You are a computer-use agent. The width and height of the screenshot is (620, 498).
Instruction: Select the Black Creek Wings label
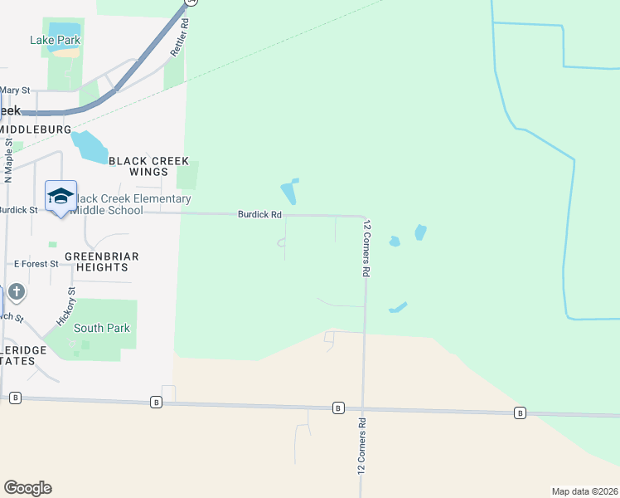(x=149, y=166)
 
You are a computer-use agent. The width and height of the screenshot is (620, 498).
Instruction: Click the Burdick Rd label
(x=259, y=214)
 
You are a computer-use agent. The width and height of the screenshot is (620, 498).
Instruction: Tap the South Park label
(x=101, y=328)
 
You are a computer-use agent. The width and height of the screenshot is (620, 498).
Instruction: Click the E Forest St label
(x=36, y=263)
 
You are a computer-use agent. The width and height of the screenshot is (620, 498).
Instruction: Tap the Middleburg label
(x=36, y=129)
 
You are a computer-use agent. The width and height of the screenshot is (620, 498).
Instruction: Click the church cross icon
(x=16, y=292)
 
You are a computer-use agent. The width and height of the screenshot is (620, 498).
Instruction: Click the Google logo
(x=27, y=488)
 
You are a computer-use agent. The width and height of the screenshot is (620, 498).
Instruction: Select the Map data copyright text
(x=584, y=491)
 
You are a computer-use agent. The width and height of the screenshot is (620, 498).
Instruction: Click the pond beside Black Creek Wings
(x=89, y=146)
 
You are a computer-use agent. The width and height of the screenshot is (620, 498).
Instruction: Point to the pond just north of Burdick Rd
(x=289, y=193)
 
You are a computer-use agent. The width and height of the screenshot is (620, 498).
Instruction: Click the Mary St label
(x=15, y=90)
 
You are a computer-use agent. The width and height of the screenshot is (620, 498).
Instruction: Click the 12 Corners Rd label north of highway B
(x=366, y=248)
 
